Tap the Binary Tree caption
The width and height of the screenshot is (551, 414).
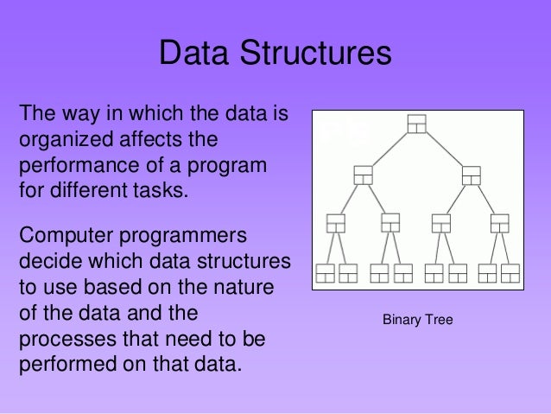(x=418, y=320)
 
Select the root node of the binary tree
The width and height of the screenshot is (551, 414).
(x=417, y=124)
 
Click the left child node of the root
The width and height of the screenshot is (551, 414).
(x=363, y=174)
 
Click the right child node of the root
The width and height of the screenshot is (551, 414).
(x=472, y=174)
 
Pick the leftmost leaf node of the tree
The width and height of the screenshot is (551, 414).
(x=325, y=273)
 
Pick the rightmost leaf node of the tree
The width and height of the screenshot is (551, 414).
(x=510, y=273)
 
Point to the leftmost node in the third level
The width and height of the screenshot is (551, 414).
(x=336, y=223)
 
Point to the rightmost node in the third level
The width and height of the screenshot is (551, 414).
(x=499, y=223)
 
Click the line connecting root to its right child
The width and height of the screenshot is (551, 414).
(x=445, y=149)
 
